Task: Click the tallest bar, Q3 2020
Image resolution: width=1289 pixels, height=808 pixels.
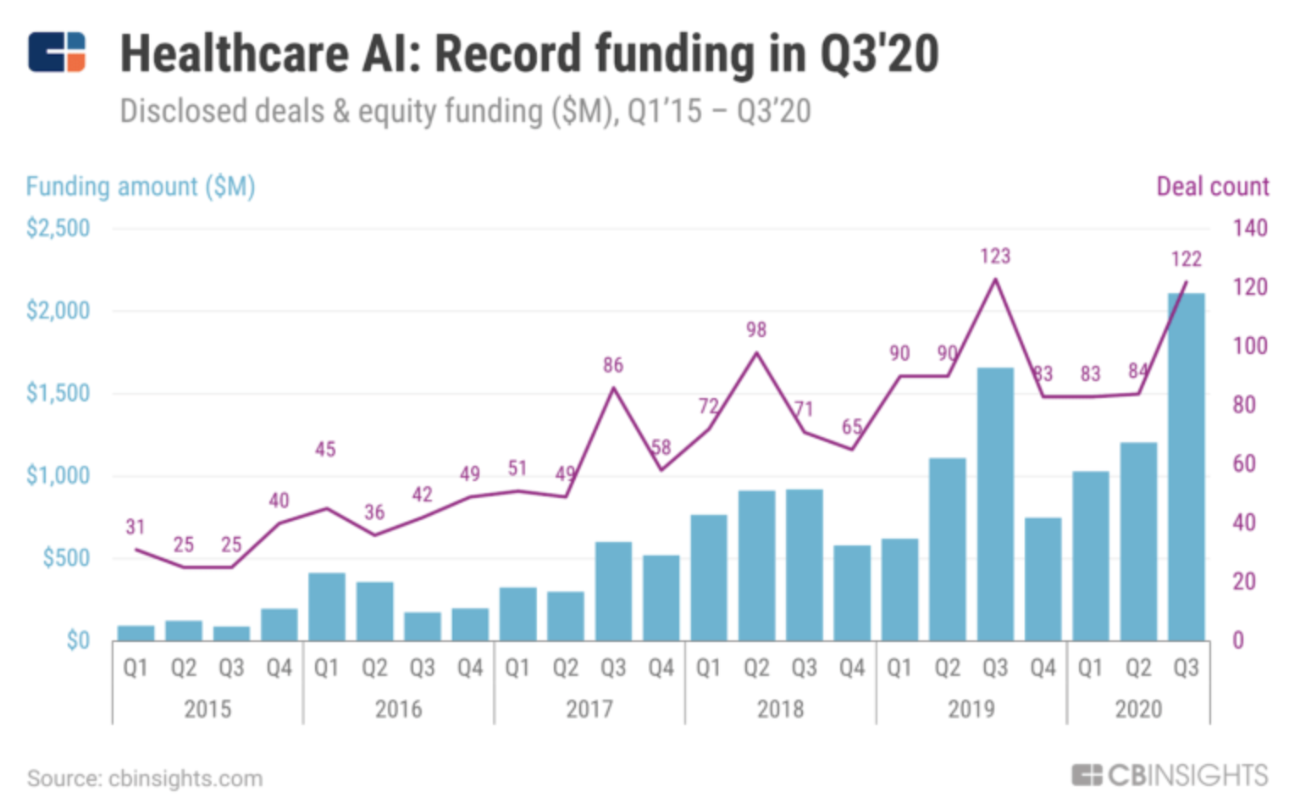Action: (x=1186, y=466)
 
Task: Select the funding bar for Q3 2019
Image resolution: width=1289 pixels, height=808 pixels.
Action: (x=995, y=504)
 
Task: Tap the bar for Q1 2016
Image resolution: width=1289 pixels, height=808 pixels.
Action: (x=327, y=606)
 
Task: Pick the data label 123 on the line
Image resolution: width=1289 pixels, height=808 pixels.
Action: (x=995, y=256)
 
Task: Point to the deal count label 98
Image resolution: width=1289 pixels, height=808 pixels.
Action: (x=756, y=329)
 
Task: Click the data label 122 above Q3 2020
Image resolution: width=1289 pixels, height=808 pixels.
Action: (x=1186, y=259)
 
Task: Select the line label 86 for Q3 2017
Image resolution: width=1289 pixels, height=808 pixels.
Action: (x=613, y=365)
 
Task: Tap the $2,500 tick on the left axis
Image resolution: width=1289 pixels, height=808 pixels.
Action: (x=58, y=229)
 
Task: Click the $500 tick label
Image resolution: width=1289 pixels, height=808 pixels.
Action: (x=66, y=558)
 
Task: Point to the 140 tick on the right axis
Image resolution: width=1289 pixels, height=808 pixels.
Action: (x=1249, y=229)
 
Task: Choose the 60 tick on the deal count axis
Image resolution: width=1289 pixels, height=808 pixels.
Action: (x=1243, y=464)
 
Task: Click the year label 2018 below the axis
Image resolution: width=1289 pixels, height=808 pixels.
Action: (x=780, y=709)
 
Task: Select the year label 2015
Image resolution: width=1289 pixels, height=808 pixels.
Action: (x=207, y=709)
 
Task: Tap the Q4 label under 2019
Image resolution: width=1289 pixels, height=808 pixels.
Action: (x=1043, y=668)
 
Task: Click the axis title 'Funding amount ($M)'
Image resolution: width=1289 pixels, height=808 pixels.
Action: (x=141, y=186)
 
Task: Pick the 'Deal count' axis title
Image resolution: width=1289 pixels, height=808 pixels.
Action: (x=1212, y=186)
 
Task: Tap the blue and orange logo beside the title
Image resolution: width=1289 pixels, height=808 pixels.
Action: (x=57, y=53)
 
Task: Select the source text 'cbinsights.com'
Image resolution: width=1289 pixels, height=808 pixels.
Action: (x=185, y=778)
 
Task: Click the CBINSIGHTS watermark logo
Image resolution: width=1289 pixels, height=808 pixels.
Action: (x=1170, y=775)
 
